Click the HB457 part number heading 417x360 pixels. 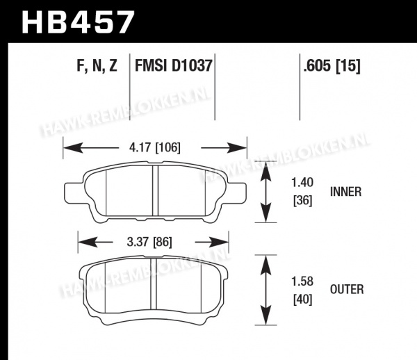click(x=78, y=22)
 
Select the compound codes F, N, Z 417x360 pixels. click(x=97, y=65)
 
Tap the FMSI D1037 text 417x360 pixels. click(x=173, y=65)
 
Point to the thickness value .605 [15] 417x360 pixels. click(x=332, y=65)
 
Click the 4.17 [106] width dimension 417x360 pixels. click(x=154, y=147)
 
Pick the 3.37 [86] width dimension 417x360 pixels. click(x=149, y=242)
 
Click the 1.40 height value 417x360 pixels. click(x=302, y=183)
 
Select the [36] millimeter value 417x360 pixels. click(x=302, y=200)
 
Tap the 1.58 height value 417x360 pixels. click(x=302, y=281)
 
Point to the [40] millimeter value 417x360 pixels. click(x=302, y=300)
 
